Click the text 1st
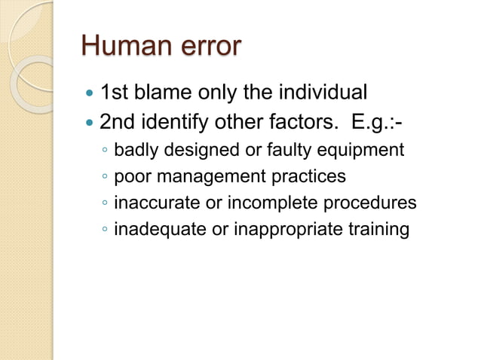click(114, 93)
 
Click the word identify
click(172, 121)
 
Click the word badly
click(136, 151)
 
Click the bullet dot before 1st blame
click(90, 95)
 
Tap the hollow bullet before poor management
click(105, 178)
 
